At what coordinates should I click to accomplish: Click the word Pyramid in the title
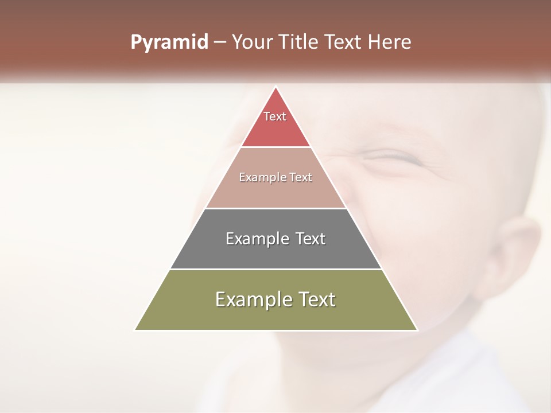coord(169,42)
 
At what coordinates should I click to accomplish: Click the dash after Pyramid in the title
coord(220,42)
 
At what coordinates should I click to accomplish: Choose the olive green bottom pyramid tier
coord(275,315)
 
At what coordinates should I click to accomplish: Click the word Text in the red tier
coord(275,116)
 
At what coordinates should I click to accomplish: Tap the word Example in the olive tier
coord(253,299)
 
